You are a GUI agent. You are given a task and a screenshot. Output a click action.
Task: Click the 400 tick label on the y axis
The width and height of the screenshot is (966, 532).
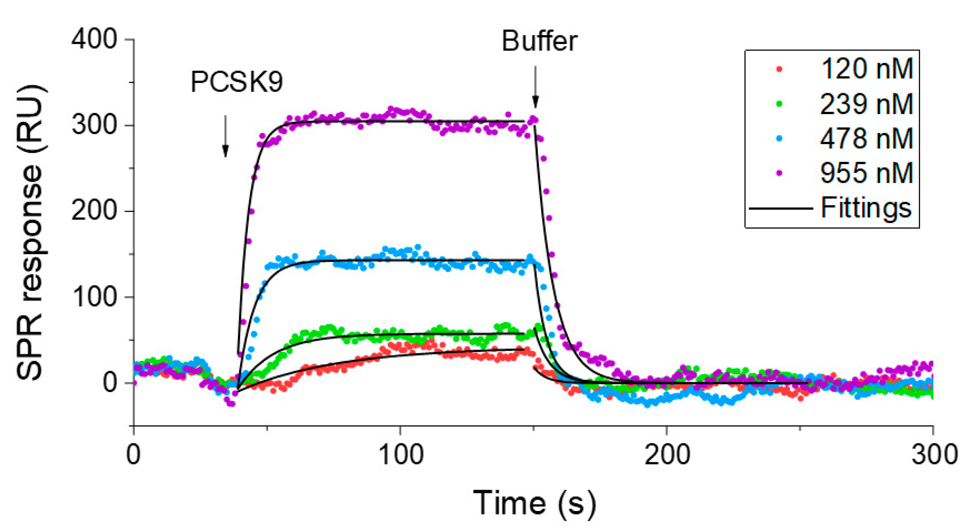(94, 39)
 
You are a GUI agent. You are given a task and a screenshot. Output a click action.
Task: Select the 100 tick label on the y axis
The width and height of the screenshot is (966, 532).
(94, 297)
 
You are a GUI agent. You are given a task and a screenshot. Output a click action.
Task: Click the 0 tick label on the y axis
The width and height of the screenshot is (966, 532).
(110, 383)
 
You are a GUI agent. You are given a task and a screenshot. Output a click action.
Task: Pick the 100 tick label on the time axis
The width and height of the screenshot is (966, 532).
(401, 455)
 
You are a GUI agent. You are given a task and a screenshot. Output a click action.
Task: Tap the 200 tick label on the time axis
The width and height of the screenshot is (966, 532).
(667, 455)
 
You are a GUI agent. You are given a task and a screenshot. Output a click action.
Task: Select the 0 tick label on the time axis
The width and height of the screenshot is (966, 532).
(134, 455)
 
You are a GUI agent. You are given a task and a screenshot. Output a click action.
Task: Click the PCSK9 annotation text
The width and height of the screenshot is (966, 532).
(236, 81)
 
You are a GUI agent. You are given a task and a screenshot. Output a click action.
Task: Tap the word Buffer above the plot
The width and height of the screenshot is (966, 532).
(539, 41)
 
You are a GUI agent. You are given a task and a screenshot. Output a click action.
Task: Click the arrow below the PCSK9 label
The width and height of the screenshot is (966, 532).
(225, 137)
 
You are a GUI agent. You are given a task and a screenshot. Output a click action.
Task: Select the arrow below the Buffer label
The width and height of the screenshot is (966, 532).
(536, 87)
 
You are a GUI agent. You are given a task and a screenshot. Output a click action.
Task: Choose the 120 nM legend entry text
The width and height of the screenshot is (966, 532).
(866, 69)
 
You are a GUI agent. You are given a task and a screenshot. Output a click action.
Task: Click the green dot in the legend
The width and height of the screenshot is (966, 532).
(779, 103)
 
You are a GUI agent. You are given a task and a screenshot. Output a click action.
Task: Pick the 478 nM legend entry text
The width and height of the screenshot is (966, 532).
(866, 138)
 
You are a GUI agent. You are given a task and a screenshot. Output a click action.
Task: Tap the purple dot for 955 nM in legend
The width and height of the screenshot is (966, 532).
(779, 173)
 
